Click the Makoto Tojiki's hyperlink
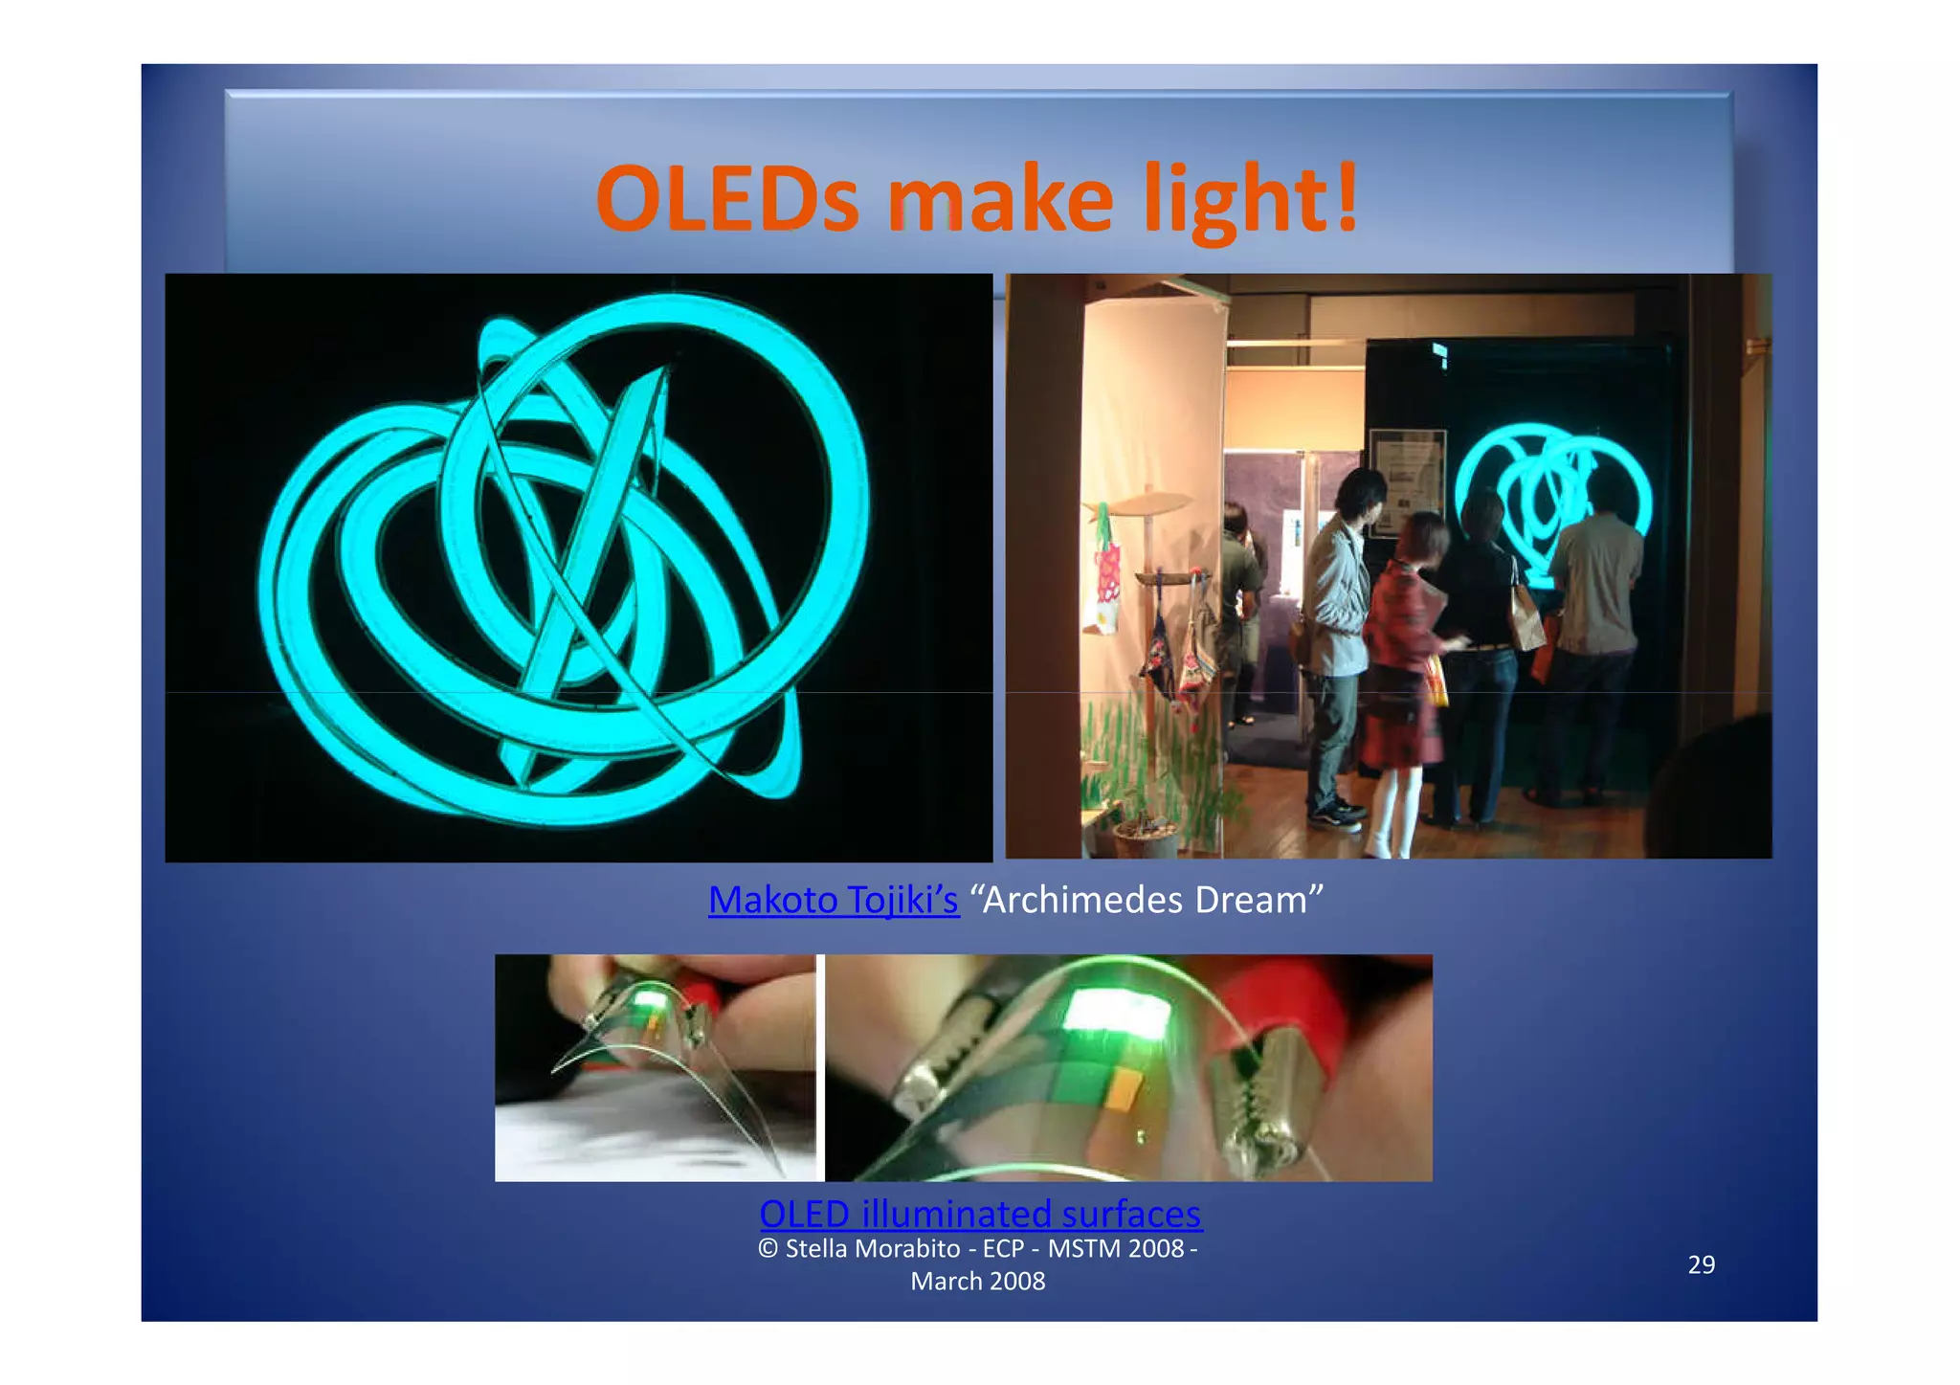tap(833, 900)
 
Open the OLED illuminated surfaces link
tap(980, 1214)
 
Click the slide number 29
tap(1701, 1264)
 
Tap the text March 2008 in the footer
tap(977, 1281)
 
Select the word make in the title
tap(999, 199)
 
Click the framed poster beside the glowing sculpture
tap(1407, 476)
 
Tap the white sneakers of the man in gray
tap(1338, 815)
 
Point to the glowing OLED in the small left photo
tap(649, 1001)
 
